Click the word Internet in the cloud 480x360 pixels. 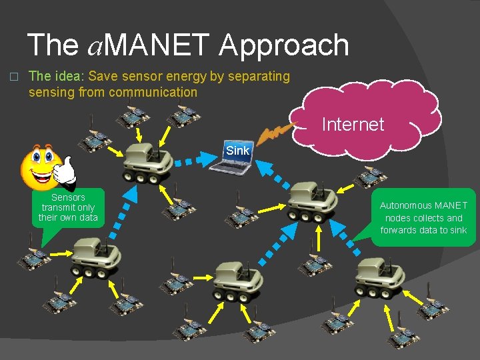click(353, 124)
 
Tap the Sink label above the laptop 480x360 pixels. click(237, 150)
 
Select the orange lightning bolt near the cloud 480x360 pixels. click(273, 135)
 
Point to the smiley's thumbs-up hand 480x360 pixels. click(65, 171)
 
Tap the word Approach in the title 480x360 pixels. click(283, 45)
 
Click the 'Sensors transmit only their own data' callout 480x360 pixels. click(68, 208)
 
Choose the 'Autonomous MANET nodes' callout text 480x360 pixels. click(423, 218)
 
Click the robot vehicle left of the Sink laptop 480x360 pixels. click(148, 161)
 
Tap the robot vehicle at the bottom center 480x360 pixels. click(235, 280)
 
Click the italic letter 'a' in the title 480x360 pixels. click(95, 47)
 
